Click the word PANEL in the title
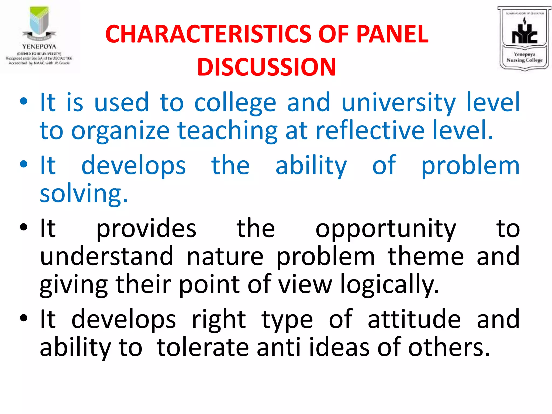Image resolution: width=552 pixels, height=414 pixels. coord(392,34)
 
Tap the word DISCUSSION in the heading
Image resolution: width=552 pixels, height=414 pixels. coord(267,67)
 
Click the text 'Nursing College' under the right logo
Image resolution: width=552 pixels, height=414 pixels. coord(524,60)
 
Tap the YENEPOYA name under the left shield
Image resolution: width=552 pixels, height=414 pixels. coord(39,46)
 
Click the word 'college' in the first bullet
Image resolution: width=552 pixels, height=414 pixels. coord(235,103)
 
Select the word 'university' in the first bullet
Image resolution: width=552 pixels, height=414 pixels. coord(399,103)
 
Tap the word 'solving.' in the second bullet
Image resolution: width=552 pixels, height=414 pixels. coord(84,194)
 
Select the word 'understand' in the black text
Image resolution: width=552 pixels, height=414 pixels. coord(106,256)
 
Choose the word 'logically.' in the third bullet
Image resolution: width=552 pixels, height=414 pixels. coord(389,285)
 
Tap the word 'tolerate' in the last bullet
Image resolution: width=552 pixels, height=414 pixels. coord(203,347)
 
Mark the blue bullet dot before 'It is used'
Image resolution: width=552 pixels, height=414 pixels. coord(24,102)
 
